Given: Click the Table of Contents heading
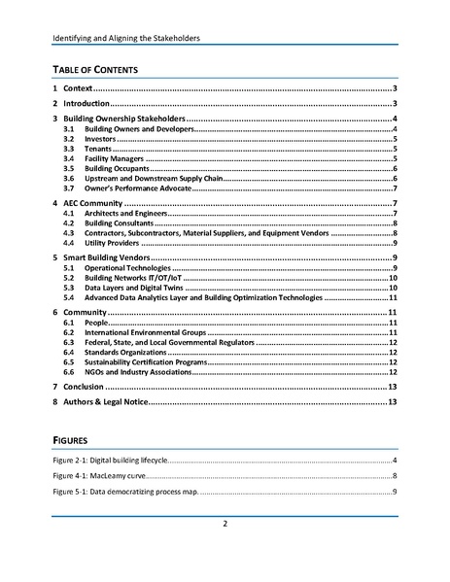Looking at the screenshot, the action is [95, 69].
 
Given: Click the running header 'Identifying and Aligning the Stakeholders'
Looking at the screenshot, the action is [132, 40].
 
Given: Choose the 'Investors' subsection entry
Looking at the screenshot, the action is [101, 139].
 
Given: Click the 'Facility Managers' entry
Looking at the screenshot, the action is [115, 158].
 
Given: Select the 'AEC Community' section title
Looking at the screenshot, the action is [92, 202].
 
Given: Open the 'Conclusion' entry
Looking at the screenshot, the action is [89, 386].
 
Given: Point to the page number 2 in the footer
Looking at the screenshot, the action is [225, 525].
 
